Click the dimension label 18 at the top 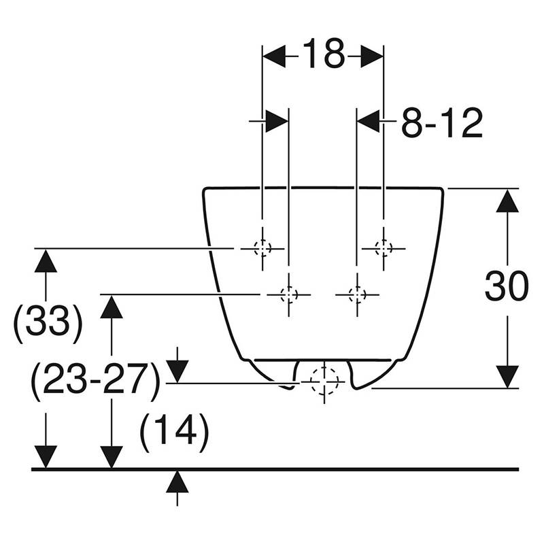[x=324, y=54]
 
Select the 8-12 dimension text [x=441, y=122]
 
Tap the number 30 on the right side [x=507, y=286]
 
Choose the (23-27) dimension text [x=95, y=381]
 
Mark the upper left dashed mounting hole [x=262, y=248]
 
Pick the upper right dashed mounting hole [x=384, y=248]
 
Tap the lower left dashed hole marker [x=288, y=294]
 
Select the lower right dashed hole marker [x=357, y=294]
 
